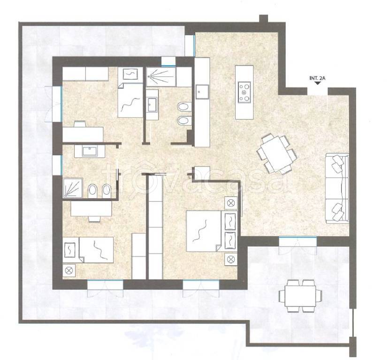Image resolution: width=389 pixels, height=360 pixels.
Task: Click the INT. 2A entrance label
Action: tap(317, 78)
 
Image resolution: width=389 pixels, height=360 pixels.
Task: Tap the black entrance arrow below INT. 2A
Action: tap(317, 83)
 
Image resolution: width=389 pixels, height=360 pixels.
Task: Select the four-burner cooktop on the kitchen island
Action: tap(244, 92)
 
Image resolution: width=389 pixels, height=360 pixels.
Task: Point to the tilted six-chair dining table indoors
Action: tap(277, 153)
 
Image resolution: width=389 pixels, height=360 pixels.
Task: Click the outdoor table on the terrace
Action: tap(300, 296)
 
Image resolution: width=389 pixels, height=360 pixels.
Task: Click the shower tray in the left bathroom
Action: tap(73, 188)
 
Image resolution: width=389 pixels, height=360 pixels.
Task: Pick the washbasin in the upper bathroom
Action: tap(152, 105)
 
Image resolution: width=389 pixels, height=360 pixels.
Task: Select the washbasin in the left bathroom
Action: tap(90, 151)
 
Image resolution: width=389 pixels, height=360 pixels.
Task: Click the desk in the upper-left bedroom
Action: tap(83, 134)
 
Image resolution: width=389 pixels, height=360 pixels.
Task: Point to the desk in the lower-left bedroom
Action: tap(92, 209)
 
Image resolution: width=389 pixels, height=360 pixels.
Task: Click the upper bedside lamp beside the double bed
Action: tap(231, 203)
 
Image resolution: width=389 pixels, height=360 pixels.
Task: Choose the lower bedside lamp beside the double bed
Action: tap(231, 259)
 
